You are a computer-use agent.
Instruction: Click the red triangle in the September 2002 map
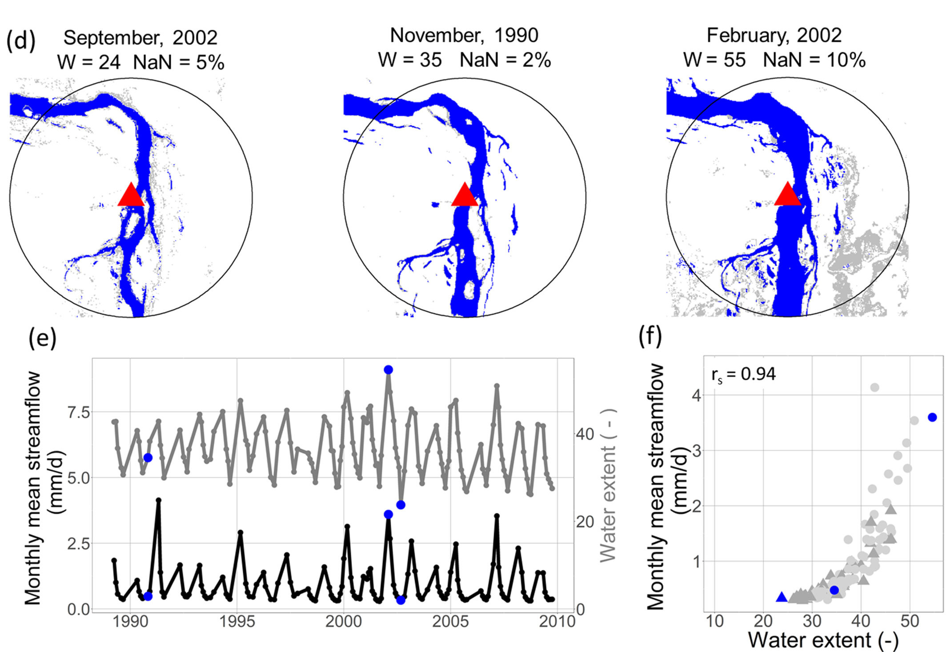point(131,196)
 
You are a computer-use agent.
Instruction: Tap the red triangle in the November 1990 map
point(465,196)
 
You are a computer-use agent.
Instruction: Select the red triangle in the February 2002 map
point(787,196)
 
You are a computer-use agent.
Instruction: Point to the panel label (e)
point(42,339)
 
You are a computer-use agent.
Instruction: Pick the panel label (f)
point(650,337)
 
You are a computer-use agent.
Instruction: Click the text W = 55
point(714,60)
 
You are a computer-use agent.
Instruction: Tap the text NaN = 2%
point(505,60)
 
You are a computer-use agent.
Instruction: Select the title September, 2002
point(140,38)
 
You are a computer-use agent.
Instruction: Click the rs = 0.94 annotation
point(743,374)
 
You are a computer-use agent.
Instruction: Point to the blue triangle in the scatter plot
point(782,597)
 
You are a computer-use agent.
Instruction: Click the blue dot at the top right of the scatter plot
point(932,417)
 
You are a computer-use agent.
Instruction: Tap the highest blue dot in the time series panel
point(388,370)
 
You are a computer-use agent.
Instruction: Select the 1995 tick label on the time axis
point(237,621)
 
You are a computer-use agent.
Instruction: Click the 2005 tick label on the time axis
point(450,621)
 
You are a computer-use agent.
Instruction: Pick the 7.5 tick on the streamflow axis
point(78,412)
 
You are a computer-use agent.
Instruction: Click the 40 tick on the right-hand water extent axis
point(585,434)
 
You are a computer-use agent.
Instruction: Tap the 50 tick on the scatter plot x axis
point(910,621)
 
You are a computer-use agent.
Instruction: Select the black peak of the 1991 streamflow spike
point(158,500)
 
